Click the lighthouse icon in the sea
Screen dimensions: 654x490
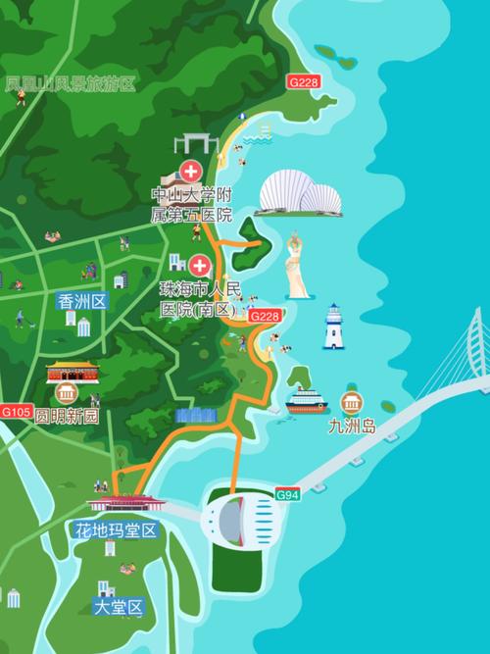334,327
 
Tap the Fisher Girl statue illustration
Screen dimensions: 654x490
297,266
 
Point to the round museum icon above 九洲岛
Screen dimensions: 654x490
350,402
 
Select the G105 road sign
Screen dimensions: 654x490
16,411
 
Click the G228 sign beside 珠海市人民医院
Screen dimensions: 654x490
265,316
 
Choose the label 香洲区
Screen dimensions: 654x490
81,301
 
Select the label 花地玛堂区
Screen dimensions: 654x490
116,531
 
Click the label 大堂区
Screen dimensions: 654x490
119,607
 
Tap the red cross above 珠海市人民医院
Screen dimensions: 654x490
200,265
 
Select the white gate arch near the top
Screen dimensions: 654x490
196,144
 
